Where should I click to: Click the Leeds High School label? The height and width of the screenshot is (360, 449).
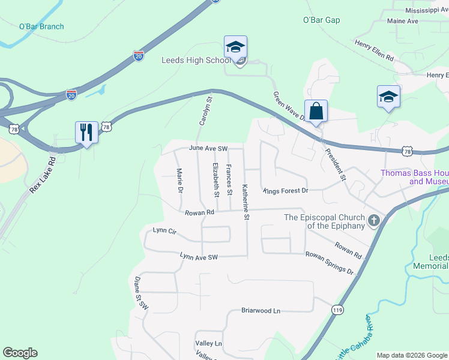tap(196, 61)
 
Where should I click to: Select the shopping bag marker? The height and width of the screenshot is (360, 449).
tap(316, 111)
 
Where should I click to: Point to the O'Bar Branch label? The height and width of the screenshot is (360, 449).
tap(41, 26)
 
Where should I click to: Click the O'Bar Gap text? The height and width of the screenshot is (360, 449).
tap(321, 20)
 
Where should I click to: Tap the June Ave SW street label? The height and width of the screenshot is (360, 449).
tap(208, 148)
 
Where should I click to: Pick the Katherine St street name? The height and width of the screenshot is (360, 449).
tap(246, 202)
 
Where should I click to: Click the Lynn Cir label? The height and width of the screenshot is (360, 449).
tap(164, 230)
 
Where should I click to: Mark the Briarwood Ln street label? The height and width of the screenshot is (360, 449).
tap(261, 311)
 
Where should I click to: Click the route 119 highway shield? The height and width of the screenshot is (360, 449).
tap(337, 308)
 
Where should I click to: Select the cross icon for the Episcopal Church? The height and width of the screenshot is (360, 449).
tap(374, 220)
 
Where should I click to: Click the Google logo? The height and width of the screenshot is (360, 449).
tap(20, 353)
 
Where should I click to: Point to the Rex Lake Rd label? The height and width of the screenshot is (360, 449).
tap(42, 175)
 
